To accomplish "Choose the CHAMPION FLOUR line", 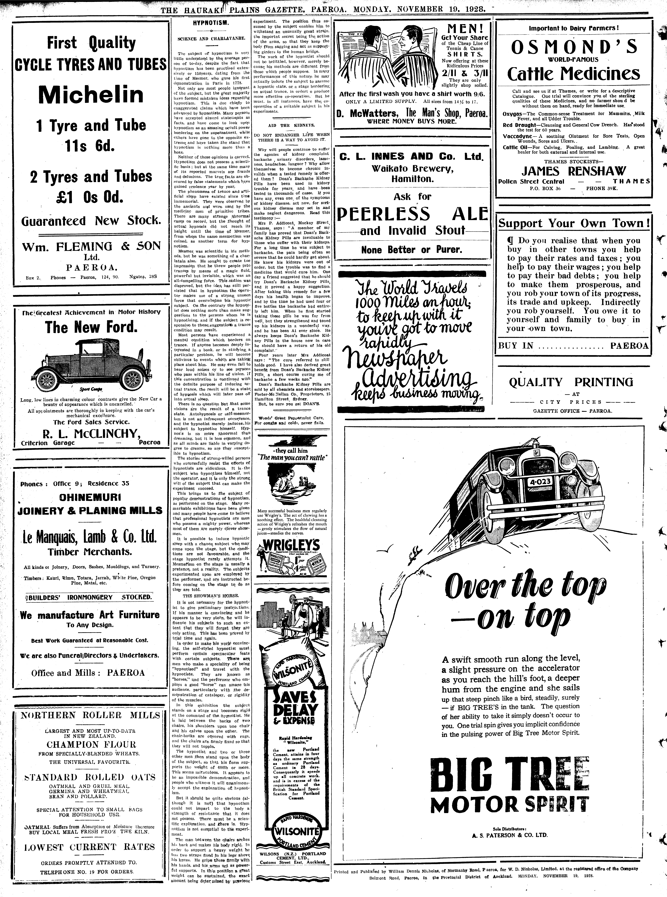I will click(x=91, y=744).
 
